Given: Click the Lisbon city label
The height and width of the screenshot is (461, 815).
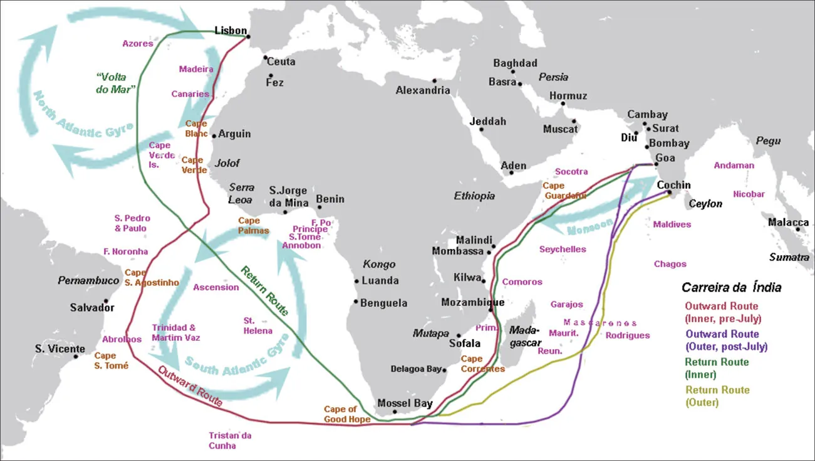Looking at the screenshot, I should click(231, 30).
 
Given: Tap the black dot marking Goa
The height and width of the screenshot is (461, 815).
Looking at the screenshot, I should click(656, 164).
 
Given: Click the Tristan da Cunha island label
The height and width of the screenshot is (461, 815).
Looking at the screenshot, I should click(230, 440).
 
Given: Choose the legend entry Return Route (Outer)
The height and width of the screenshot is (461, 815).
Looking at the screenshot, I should click(717, 396).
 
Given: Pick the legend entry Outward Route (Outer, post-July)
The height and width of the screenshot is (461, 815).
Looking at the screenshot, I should click(726, 340).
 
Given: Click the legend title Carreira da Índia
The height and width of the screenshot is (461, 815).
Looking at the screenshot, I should click(731, 288).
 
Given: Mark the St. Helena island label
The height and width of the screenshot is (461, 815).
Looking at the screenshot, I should click(257, 325).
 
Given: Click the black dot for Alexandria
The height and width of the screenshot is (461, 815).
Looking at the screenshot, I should click(434, 81).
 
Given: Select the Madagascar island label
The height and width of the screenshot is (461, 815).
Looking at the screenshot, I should click(525, 336).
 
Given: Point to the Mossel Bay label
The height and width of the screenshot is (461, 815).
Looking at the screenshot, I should click(405, 403).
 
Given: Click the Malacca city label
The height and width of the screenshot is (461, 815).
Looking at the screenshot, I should click(788, 222).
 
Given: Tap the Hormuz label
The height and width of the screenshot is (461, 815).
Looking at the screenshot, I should click(568, 96).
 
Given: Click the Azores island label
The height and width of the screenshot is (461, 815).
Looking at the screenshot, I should click(138, 44).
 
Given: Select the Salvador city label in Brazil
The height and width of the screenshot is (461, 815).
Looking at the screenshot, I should click(92, 308).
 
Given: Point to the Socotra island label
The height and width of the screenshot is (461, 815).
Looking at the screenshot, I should click(571, 171).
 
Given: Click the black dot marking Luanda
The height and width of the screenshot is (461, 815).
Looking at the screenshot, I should click(356, 281).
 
